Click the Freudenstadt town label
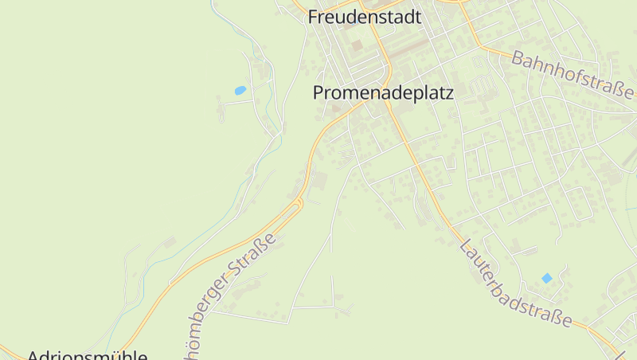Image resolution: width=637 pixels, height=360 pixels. point(364,17)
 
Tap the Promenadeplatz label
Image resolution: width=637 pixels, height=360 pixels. point(383,93)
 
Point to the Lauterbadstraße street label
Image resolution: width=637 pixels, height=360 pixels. point(515,284)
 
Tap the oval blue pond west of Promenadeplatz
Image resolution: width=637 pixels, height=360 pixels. point(240,91)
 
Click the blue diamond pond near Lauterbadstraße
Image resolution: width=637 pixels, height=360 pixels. point(546,278)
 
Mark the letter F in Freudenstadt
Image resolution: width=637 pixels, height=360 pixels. point(314,17)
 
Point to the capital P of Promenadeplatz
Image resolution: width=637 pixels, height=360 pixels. point(318,93)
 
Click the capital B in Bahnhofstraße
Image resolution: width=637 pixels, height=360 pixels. point(518,57)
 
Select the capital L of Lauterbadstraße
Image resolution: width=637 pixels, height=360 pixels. point(465,245)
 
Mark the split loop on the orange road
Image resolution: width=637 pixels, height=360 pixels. point(299,205)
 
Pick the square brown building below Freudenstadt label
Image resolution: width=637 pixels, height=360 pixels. point(356,45)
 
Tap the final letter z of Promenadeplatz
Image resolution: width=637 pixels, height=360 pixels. point(448,93)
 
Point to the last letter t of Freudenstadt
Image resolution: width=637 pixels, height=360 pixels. point(416,17)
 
